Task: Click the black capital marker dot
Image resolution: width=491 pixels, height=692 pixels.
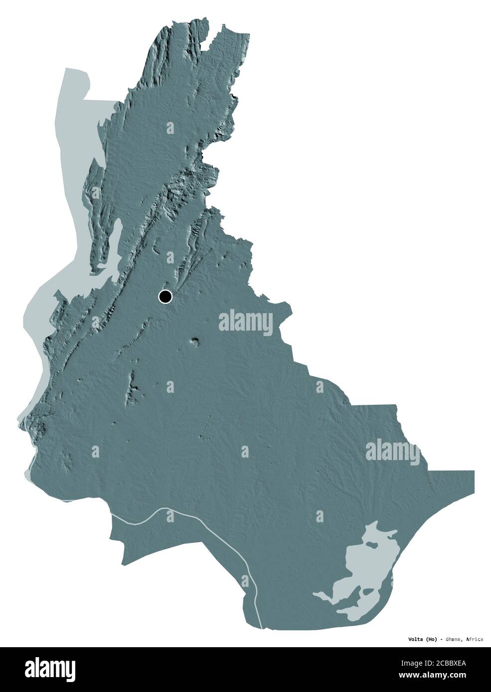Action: click(165, 297)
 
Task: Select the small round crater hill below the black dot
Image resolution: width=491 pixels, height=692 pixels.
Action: click(194, 342)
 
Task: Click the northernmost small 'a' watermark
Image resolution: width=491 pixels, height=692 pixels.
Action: click(170, 128)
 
